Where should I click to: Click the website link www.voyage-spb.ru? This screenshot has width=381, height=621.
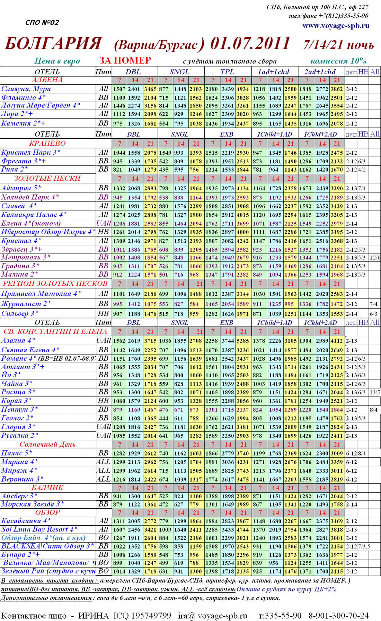(335, 26)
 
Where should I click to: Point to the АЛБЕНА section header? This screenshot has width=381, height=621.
(47, 80)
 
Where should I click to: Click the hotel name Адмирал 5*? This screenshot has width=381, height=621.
(21, 188)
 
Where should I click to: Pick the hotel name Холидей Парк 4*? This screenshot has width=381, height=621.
(30, 197)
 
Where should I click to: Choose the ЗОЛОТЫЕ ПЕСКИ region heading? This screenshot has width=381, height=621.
(47, 179)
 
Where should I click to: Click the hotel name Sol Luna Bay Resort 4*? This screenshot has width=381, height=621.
(39, 529)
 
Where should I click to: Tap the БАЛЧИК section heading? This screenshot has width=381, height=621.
(47, 488)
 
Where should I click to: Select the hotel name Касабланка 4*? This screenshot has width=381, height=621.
(26, 521)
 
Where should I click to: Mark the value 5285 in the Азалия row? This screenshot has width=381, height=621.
(242, 341)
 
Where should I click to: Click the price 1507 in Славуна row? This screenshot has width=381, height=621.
(119, 89)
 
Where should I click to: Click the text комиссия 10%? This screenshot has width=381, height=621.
(338, 61)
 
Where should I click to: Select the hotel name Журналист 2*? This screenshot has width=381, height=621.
(26, 304)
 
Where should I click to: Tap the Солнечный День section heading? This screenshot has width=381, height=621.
(47, 445)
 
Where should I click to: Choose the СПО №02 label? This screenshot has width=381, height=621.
(42, 23)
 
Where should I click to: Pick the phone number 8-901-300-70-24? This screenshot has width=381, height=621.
(338, 615)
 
